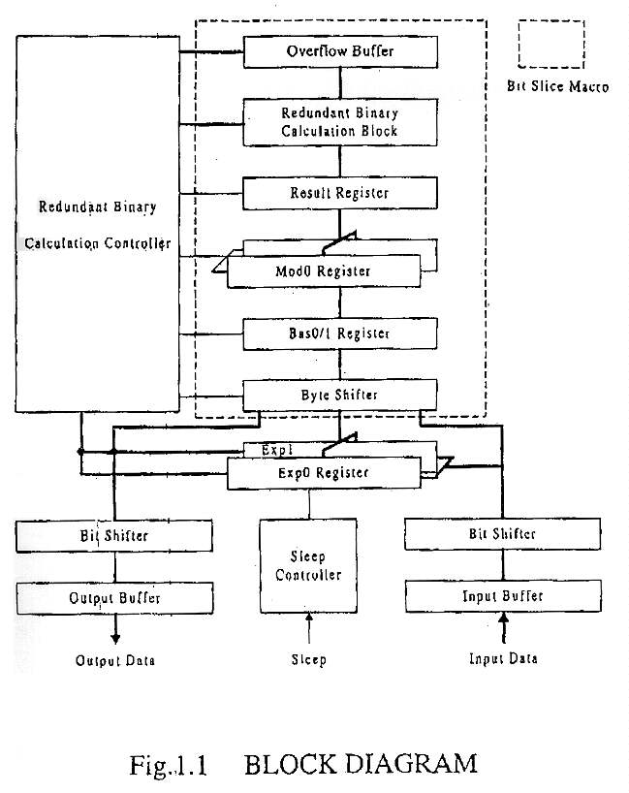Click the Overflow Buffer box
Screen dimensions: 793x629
pos(339,51)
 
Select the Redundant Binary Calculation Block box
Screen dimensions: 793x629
pos(339,121)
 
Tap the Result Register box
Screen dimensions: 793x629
pos(339,193)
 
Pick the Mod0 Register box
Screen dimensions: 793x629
pos(324,270)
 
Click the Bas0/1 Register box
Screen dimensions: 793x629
pos(339,333)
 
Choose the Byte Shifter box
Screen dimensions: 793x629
pos(339,395)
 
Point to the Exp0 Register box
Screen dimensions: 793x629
pos(324,473)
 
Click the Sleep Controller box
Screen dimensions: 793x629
pos(308,565)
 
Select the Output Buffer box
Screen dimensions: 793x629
pos(114,597)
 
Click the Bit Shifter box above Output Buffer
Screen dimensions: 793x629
pos(114,535)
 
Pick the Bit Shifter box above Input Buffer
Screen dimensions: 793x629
pos(502,534)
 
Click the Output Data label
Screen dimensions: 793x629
pos(115,661)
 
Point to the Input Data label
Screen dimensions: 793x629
pos(503,659)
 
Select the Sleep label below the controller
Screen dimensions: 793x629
pos(309,660)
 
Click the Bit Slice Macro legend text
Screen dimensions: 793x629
pos(558,87)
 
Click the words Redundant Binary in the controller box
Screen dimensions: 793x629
pos(96,206)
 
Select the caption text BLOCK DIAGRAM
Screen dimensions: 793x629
pos(361,764)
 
